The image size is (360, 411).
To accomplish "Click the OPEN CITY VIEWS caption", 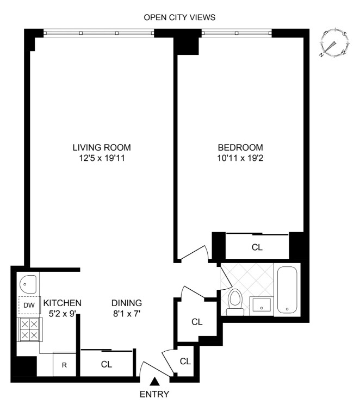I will click(x=179, y=17).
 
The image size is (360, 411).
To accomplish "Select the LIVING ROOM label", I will click(x=102, y=147).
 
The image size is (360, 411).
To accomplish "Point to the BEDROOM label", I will click(x=240, y=147).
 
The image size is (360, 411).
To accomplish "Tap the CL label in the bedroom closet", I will click(x=257, y=247).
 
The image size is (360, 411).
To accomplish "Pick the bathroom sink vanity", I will click(x=262, y=307).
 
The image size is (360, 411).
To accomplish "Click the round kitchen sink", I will click(x=27, y=283).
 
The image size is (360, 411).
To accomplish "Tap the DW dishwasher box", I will click(x=28, y=306).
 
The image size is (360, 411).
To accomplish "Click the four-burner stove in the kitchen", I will click(x=28, y=329).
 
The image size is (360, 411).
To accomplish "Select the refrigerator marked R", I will click(x=64, y=364).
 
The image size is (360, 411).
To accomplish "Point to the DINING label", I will click(x=126, y=303).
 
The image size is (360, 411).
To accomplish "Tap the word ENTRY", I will click(x=155, y=394).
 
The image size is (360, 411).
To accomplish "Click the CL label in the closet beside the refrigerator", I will click(x=107, y=364).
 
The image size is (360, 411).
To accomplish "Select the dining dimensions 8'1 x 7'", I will click(x=126, y=314).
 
